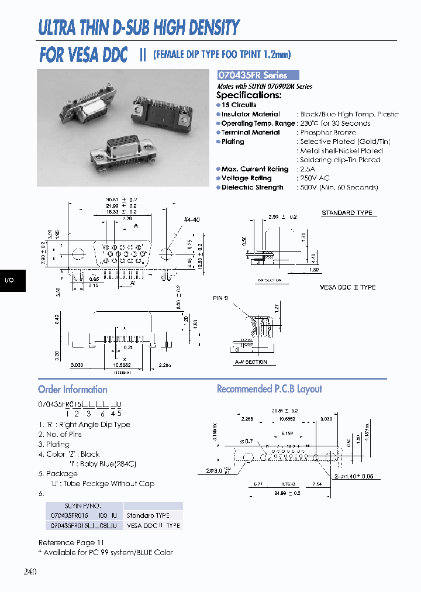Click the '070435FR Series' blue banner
click(x=257, y=75)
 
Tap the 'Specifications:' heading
click(x=249, y=95)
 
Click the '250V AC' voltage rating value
click(x=315, y=178)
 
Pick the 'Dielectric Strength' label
click(x=252, y=187)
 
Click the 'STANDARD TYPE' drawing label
click(x=347, y=213)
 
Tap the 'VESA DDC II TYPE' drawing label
click(x=347, y=287)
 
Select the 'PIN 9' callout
click(x=220, y=298)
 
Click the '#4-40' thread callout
click(x=192, y=219)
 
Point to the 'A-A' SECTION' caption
click(x=250, y=362)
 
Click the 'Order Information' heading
click(x=73, y=390)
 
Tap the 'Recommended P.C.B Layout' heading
click(x=269, y=389)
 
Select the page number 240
click(x=30, y=571)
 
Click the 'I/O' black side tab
click(x=9, y=280)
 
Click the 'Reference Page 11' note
click(x=71, y=543)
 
